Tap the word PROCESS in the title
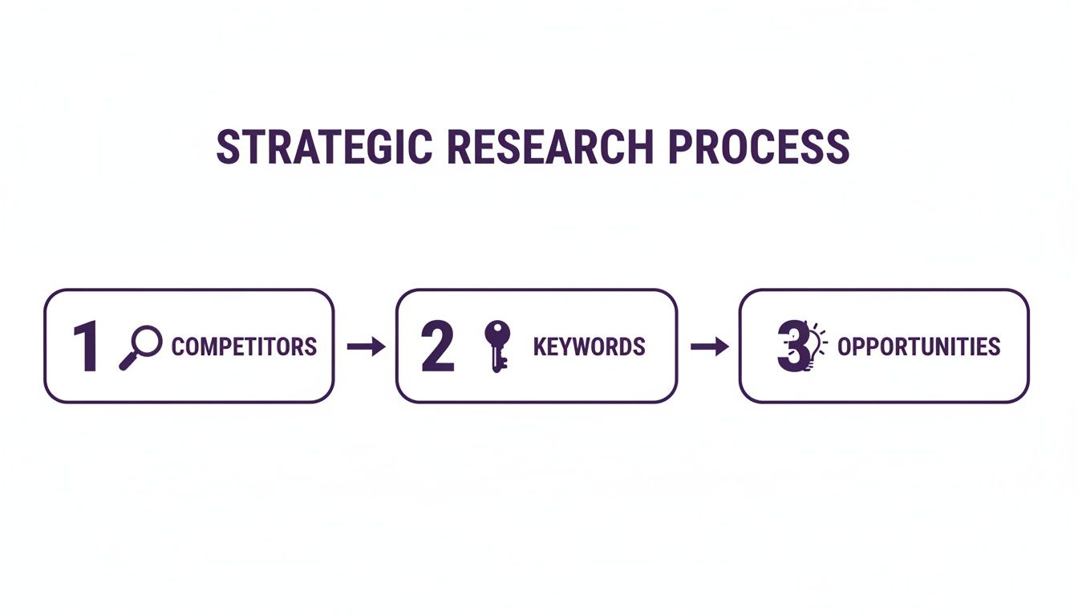758,148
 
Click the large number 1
86,347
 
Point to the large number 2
437,347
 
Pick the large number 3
790,347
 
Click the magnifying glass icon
140,347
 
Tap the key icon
497,346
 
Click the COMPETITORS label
244,347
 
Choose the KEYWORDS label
589,347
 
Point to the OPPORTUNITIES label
918,347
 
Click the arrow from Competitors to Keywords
366,346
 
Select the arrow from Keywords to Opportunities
709,346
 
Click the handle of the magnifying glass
128,361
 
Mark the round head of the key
497,331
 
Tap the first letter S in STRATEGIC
229,148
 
